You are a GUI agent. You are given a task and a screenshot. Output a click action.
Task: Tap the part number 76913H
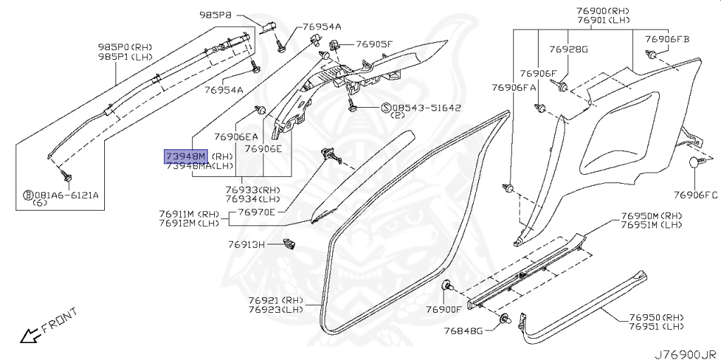click(x=246, y=244)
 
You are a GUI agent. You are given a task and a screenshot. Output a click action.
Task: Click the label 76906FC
click(x=696, y=194)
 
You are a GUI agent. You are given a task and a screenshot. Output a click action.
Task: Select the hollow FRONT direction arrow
click(x=30, y=336)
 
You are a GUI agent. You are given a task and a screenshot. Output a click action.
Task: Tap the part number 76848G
click(x=463, y=330)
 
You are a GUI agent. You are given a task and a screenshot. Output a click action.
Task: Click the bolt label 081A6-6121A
click(x=65, y=195)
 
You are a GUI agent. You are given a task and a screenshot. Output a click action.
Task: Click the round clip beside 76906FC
click(x=696, y=163)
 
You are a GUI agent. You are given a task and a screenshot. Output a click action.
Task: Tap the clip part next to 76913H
click(x=288, y=244)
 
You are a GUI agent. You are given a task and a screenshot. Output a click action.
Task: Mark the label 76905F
click(x=374, y=44)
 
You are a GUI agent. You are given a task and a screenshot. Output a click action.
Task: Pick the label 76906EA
click(x=236, y=137)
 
